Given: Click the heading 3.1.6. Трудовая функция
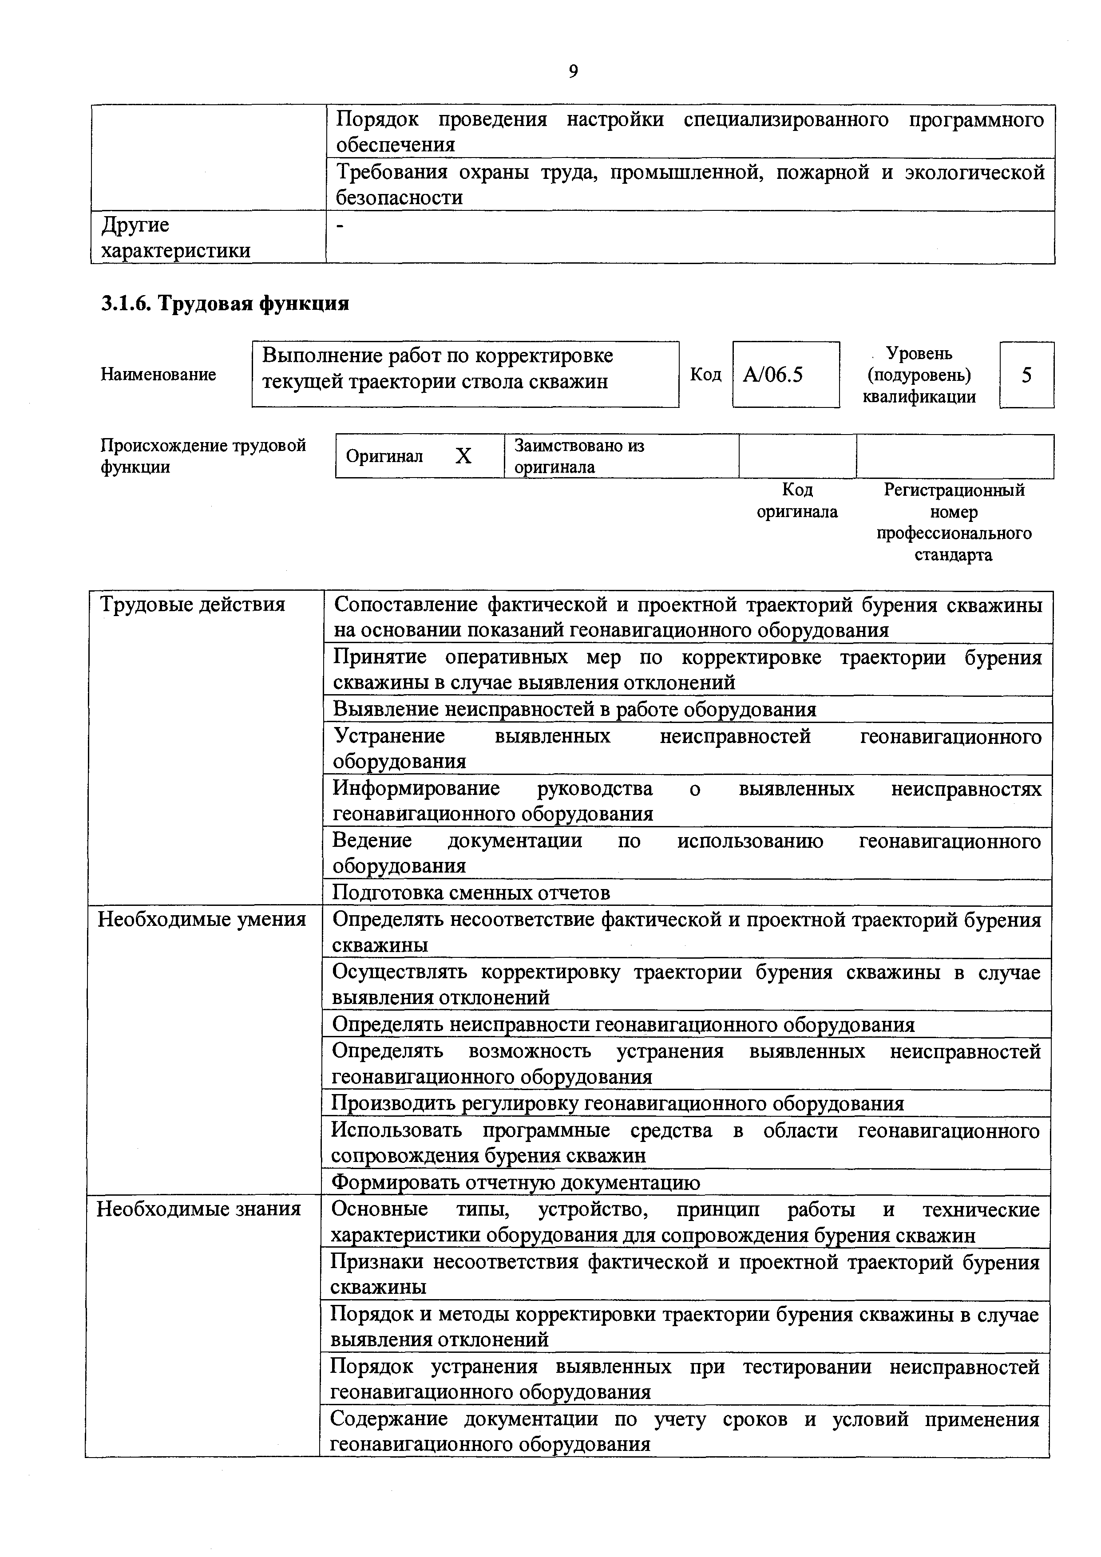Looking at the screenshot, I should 225,303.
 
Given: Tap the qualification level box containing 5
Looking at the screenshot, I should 1026,374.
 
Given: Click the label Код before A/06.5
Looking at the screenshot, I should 705,374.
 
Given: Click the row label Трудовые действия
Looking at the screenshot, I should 193,604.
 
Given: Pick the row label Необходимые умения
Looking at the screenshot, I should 202,920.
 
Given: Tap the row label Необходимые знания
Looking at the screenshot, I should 199,1209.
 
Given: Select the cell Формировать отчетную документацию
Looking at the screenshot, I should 515,1182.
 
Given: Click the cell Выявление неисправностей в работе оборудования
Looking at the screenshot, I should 574,709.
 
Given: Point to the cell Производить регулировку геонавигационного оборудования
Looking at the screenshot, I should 618,1103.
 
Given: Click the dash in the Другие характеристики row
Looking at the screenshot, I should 341,226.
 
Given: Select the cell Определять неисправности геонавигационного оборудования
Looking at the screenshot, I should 623,1024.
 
